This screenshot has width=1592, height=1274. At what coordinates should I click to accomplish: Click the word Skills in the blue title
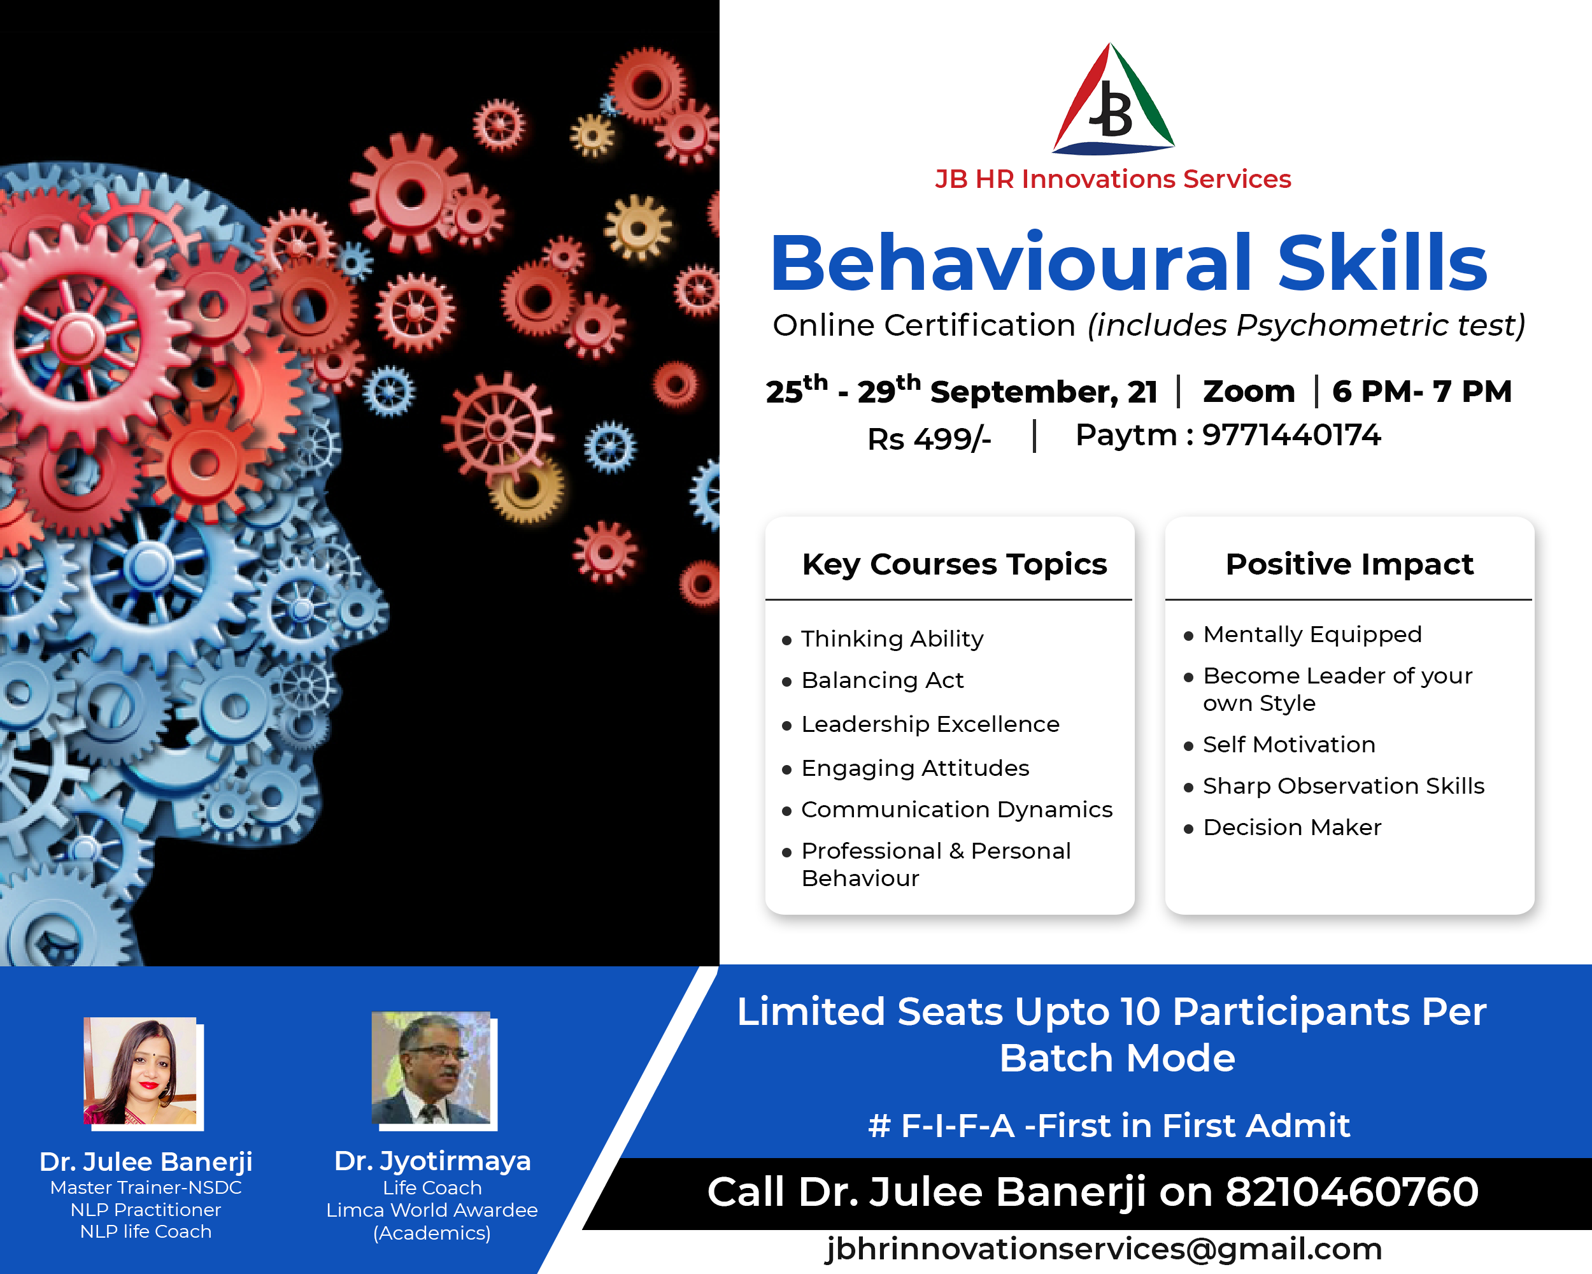point(1382,262)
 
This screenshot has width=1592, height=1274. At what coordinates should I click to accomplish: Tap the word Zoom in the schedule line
point(1249,391)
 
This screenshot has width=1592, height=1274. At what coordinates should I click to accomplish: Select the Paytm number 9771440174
point(1291,434)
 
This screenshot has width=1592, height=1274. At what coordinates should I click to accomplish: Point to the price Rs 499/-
point(929,439)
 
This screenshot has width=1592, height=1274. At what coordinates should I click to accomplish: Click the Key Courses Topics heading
point(954,564)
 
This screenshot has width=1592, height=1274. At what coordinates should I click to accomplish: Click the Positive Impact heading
point(1349,564)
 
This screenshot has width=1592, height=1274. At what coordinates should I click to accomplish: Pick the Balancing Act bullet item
point(883,680)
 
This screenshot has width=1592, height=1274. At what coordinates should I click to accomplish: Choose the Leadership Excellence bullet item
point(930,724)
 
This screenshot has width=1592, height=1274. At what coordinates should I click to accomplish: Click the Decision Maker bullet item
point(1292,827)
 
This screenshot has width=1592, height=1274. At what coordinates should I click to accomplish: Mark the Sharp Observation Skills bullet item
point(1344,786)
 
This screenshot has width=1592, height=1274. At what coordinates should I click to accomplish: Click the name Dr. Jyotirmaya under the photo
point(432,1162)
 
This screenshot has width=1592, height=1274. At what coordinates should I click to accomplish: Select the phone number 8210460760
point(1352,1191)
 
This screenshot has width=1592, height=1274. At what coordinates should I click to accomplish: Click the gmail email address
point(1104,1249)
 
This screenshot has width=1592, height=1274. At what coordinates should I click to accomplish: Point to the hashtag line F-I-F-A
point(1109,1126)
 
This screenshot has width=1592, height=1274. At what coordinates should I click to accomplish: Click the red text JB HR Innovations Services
point(1112,179)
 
